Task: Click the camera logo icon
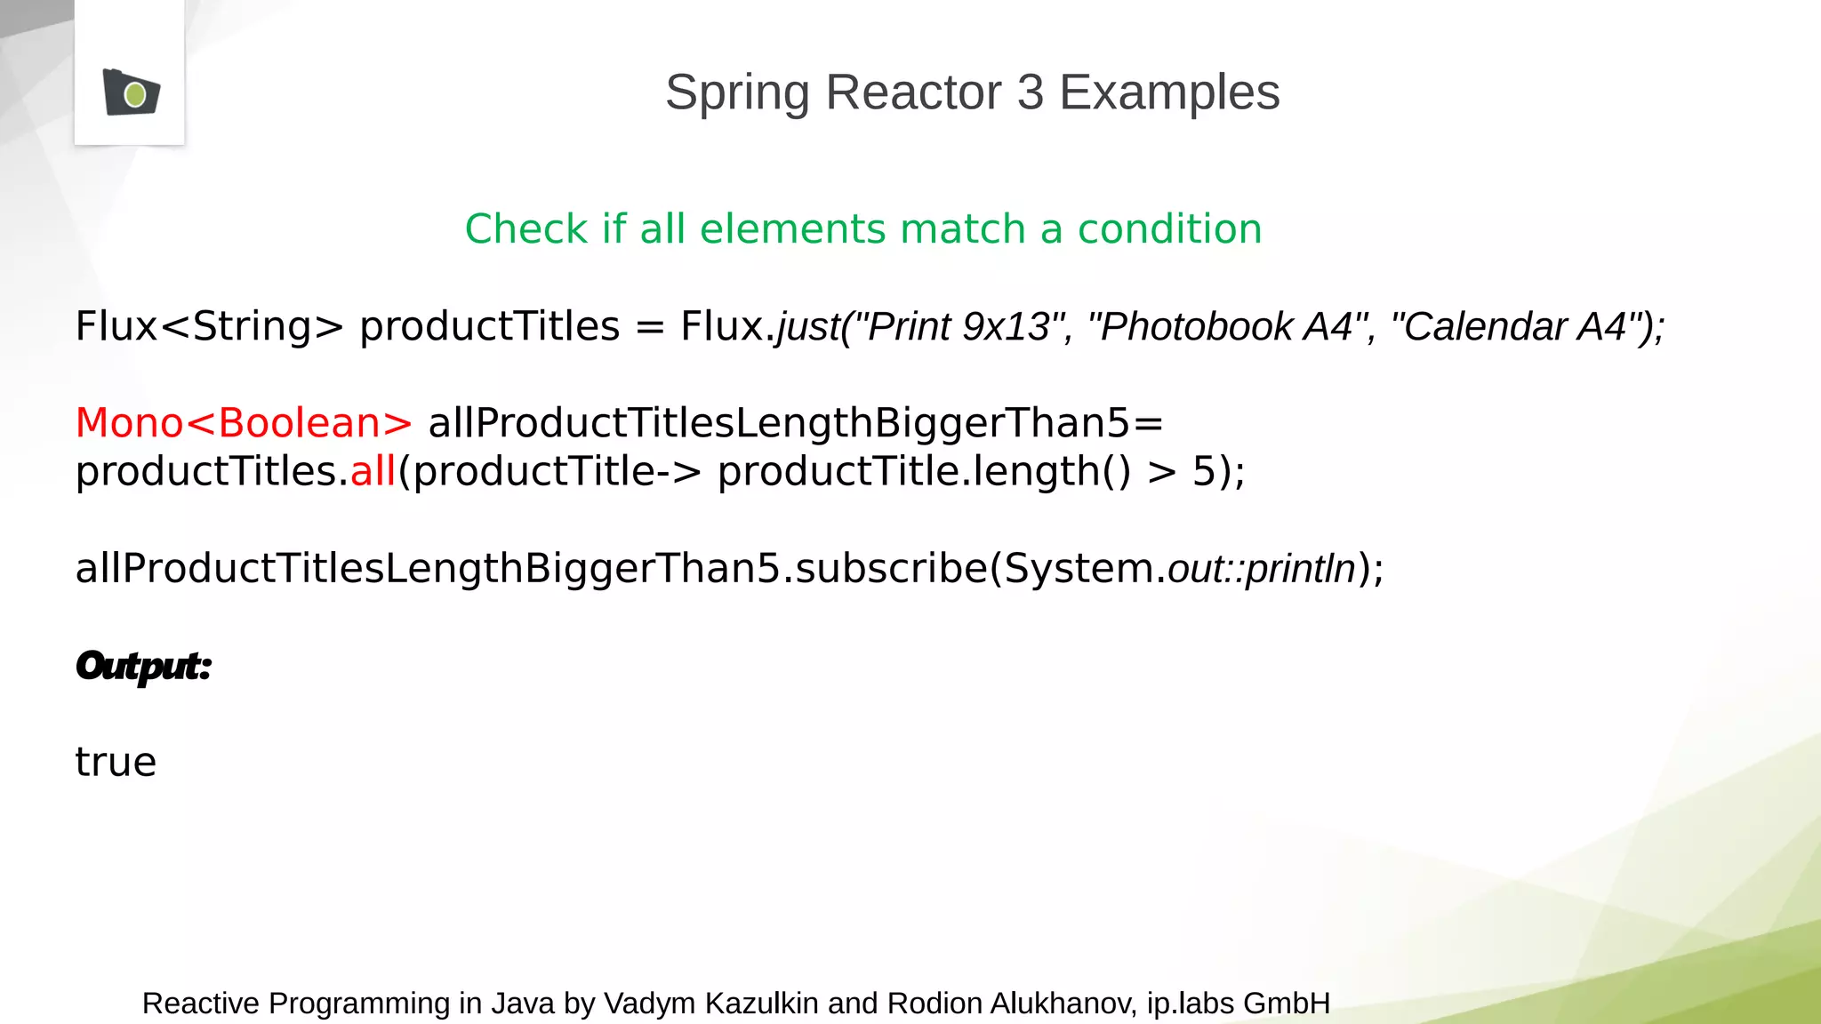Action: (131, 92)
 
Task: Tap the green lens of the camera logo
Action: (135, 94)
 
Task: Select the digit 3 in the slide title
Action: (1031, 92)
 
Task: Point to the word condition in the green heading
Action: (1169, 229)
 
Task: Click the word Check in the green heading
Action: (525, 229)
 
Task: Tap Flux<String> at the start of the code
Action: (209, 326)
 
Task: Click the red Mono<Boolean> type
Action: (244, 423)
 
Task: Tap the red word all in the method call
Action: (373, 471)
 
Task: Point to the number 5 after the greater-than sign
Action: (1204, 471)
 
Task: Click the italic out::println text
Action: (1262, 569)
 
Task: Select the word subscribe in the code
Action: (891, 569)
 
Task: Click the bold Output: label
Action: (143, 667)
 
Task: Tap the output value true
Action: (116, 763)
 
